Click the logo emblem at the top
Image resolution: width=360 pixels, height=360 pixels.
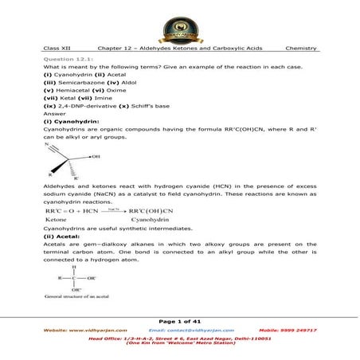tap(179, 25)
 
